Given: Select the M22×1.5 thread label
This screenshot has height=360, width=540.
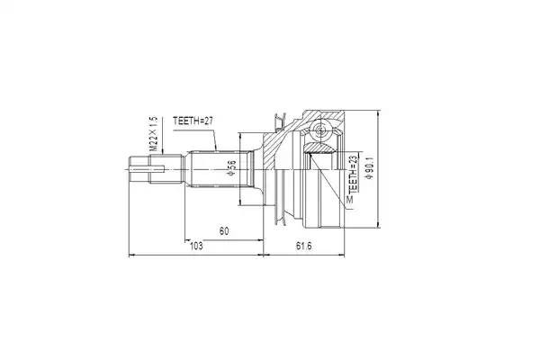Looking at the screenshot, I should pos(153,132).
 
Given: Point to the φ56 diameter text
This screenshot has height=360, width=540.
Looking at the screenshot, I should pos(232,167).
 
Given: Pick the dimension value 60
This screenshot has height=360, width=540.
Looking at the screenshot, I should pos(223,231).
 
